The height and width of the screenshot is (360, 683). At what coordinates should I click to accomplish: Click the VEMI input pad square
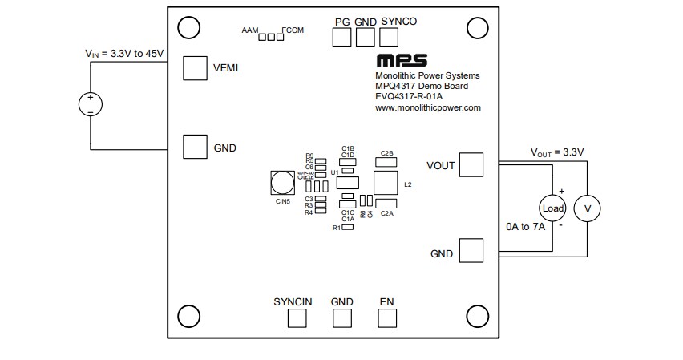pyautogui.click(x=195, y=68)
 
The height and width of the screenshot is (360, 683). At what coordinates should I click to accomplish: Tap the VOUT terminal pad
pyautogui.click(x=472, y=165)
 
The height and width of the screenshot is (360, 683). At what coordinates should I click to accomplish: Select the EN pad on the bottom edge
pyautogui.click(x=387, y=317)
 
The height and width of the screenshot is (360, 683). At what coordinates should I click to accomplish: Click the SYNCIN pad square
pyautogui.click(x=297, y=317)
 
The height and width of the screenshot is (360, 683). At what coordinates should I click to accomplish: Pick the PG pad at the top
pyautogui.click(x=343, y=36)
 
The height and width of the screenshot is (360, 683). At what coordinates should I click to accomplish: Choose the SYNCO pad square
pyautogui.click(x=389, y=36)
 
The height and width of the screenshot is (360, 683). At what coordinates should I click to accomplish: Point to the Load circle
pyautogui.click(x=553, y=208)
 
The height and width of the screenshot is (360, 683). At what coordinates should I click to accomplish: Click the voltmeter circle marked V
pyautogui.click(x=588, y=208)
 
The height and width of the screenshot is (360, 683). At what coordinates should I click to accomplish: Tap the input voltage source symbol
pyautogui.click(x=90, y=103)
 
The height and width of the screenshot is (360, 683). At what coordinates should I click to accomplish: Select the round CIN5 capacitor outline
pyautogui.click(x=282, y=184)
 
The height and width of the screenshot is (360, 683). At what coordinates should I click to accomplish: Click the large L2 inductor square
pyautogui.click(x=386, y=182)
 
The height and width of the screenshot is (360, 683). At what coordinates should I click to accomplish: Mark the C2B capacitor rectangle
pyautogui.click(x=386, y=161)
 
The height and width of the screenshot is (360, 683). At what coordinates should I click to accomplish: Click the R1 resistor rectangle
pyautogui.click(x=348, y=228)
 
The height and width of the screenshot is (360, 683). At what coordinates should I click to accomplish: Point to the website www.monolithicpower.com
pyautogui.click(x=427, y=107)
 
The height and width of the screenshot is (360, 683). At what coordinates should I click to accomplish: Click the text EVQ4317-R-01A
pyautogui.click(x=408, y=97)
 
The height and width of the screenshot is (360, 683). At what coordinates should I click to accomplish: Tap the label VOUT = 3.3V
pyautogui.click(x=557, y=152)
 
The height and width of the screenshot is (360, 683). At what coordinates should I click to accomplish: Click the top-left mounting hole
pyautogui.click(x=188, y=27)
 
